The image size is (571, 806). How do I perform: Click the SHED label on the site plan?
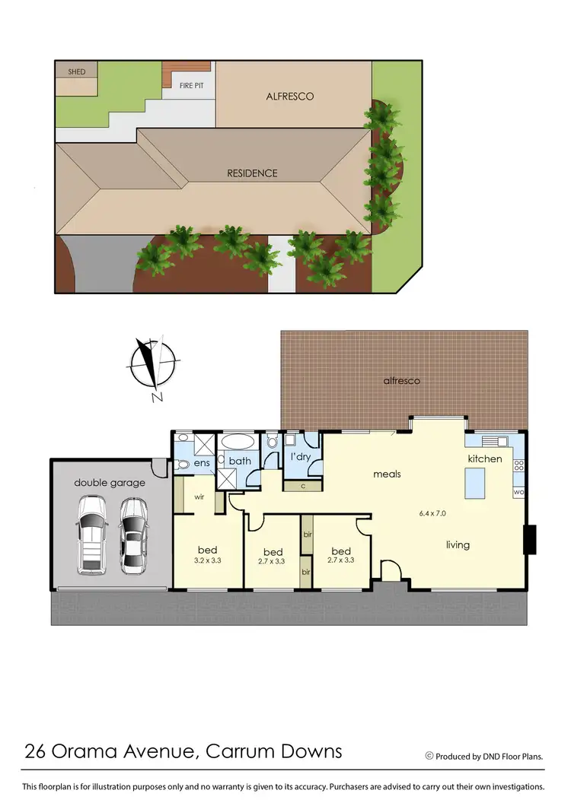tap(77, 71)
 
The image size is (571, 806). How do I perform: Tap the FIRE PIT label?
tap(192, 85)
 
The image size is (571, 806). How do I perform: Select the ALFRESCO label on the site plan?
tap(289, 97)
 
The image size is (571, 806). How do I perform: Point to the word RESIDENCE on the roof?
tap(252, 173)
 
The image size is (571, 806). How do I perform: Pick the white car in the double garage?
tap(91, 535)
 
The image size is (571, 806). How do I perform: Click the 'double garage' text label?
tap(110, 482)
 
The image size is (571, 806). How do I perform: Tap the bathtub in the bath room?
tap(240, 442)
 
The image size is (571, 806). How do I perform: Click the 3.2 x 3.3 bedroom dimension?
tap(208, 561)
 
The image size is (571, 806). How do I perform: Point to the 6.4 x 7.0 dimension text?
tap(432, 513)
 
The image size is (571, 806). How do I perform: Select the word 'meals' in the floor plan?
tap(387, 474)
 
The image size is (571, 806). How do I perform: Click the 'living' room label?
tap(458, 544)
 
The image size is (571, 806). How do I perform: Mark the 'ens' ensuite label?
tap(202, 462)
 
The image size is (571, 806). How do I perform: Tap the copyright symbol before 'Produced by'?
tap(429, 756)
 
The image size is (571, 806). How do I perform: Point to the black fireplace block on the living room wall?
tap(531, 539)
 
